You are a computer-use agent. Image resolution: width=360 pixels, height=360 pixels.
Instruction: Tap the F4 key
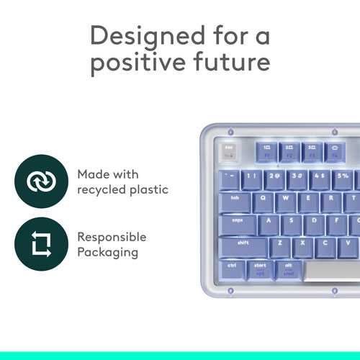333,151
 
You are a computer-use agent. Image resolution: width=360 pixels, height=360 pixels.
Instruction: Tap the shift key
245,245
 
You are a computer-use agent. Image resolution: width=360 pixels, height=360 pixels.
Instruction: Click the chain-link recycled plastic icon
37,182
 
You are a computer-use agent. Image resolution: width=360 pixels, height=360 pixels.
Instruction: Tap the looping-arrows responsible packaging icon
37,245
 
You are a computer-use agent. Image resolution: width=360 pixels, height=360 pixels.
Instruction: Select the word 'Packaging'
107,252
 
